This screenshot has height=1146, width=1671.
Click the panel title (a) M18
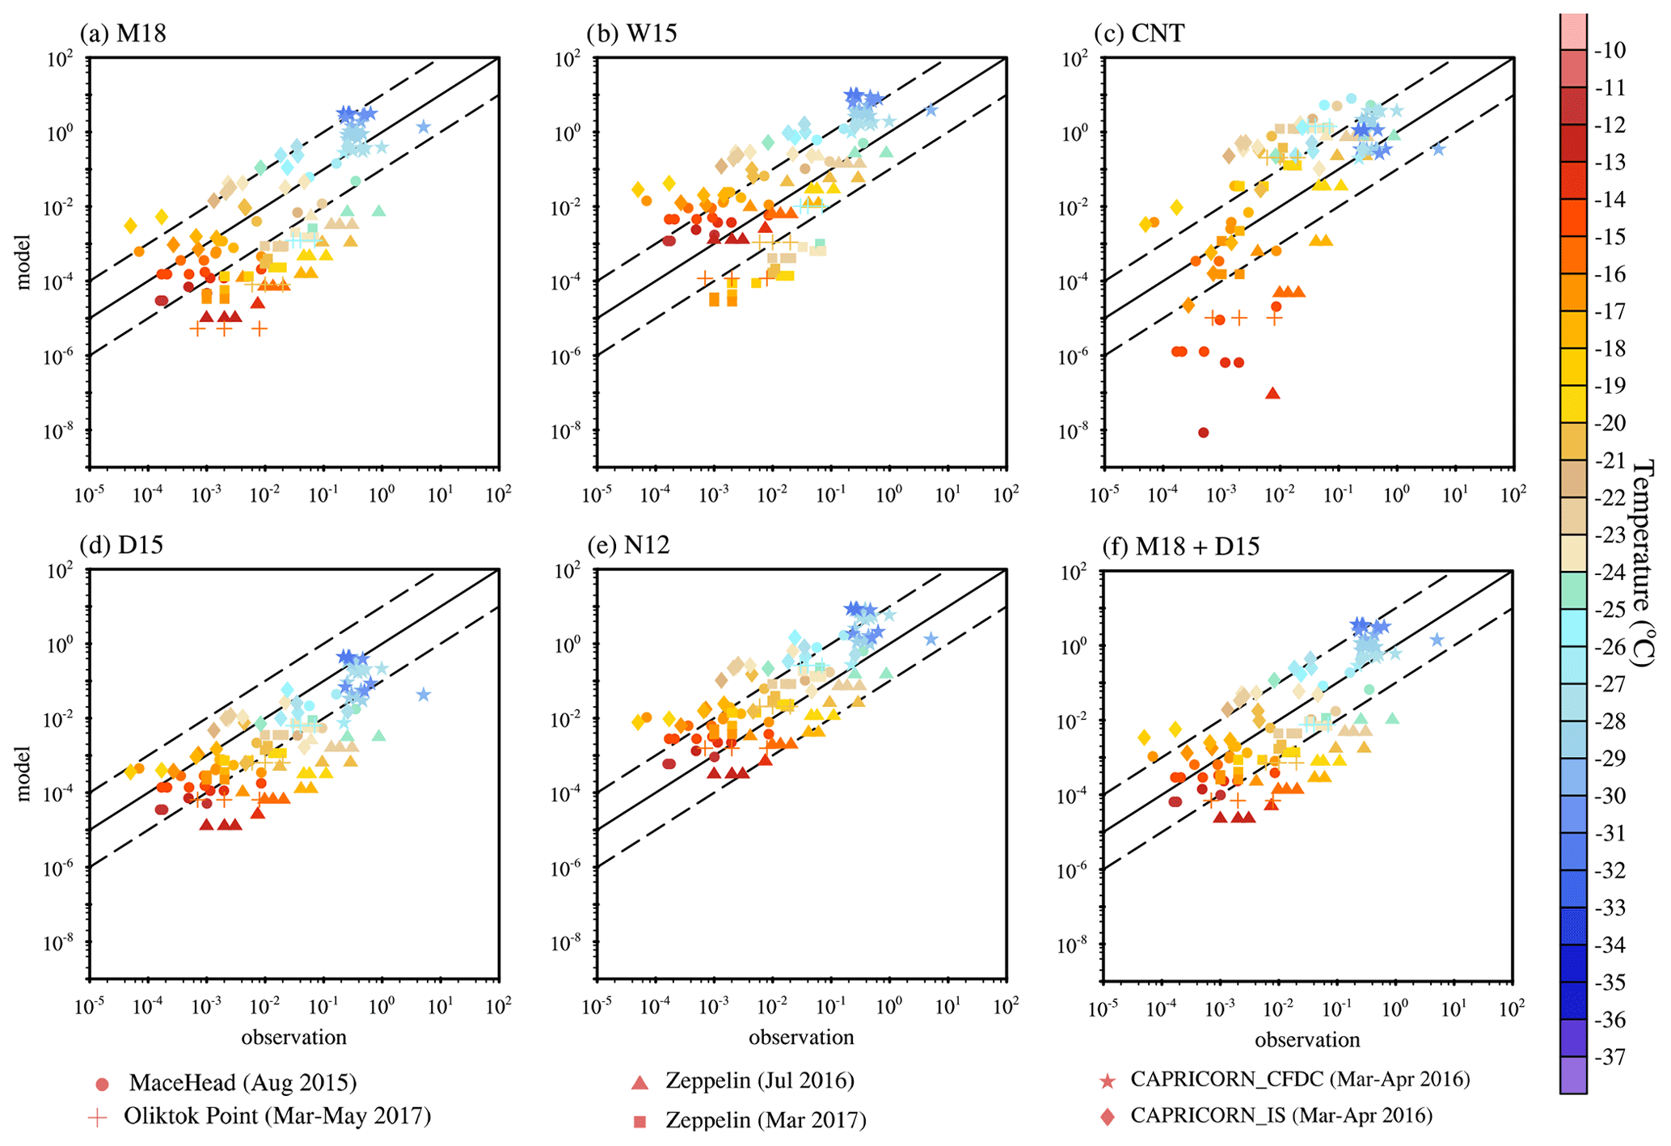(123, 33)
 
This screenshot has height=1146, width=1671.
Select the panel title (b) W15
(632, 33)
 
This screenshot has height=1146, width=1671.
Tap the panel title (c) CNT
(1139, 33)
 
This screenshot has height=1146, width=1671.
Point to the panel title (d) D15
(121, 545)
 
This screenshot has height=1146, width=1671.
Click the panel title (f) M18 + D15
(1181, 547)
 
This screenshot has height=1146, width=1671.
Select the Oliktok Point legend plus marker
(98, 1118)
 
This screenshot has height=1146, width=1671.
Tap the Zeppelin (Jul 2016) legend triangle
(639, 1082)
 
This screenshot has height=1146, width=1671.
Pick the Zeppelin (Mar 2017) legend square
(640, 1122)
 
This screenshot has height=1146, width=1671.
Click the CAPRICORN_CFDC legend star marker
(1108, 1081)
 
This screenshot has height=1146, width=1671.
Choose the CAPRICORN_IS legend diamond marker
(1108, 1117)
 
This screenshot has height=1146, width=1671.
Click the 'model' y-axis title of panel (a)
(23, 262)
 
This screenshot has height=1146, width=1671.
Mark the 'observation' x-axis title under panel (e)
(800, 1038)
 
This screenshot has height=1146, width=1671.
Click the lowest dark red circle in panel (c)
(1203, 433)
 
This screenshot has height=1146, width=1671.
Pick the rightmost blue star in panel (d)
(424, 695)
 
